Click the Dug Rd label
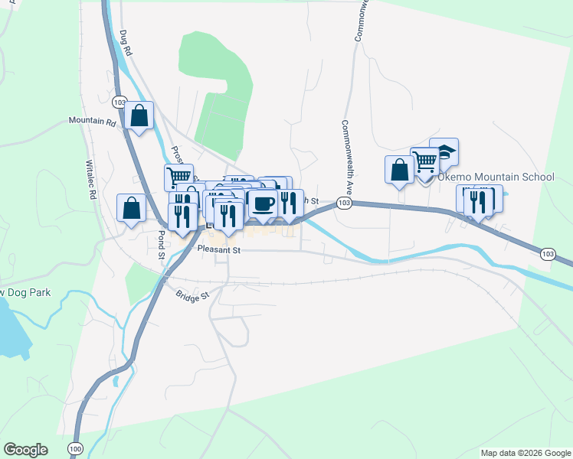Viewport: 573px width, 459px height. [x=126, y=43]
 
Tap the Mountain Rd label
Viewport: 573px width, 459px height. [x=92, y=122]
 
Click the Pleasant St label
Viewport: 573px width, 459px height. [x=218, y=249]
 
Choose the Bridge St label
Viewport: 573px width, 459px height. [x=192, y=295]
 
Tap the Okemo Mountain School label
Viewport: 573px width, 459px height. [x=496, y=177]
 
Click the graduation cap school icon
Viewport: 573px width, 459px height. [x=444, y=152]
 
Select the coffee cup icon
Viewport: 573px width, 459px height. [x=264, y=203]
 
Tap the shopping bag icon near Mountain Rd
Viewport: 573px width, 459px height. [x=139, y=116]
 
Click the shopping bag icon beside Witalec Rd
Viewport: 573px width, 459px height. [x=132, y=207]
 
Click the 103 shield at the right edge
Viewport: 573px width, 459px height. [x=547, y=253]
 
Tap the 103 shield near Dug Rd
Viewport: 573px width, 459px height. [x=118, y=102]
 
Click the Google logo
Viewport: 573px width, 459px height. [x=25, y=450]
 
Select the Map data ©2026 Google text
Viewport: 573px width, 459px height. [x=525, y=453]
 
